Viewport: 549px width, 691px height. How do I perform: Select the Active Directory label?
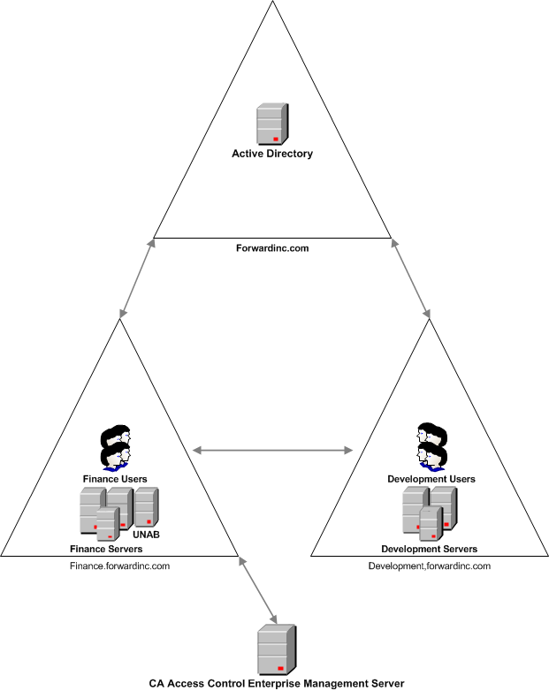(272, 154)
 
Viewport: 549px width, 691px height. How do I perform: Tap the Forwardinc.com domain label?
(273, 248)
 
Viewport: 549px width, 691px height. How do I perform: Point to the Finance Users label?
(115, 478)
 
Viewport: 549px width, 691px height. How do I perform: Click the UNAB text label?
(146, 535)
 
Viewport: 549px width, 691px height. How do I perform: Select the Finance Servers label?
(106, 548)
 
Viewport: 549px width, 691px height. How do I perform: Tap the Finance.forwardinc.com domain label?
(119, 566)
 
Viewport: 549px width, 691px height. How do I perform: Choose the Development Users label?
(431, 479)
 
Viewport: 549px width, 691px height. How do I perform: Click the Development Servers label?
(430, 548)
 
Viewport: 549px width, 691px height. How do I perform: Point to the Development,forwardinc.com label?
(430, 566)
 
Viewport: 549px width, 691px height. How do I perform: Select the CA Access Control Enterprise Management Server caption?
(277, 682)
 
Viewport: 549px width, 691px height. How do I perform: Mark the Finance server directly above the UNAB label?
(146, 507)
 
